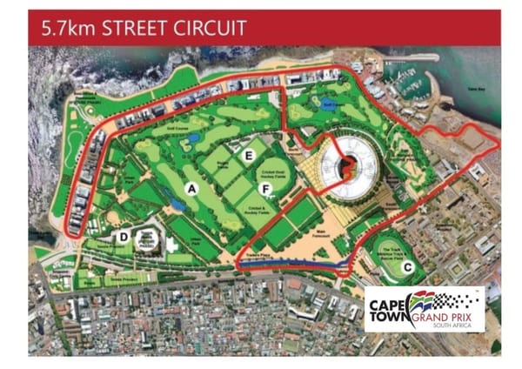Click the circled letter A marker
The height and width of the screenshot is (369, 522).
pyautogui.click(x=190, y=188)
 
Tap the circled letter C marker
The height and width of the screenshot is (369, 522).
pyautogui.click(x=407, y=268)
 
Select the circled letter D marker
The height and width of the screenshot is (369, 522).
pyautogui.click(x=124, y=237)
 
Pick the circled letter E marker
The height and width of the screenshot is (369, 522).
pyautogui.click(x=249, y=155)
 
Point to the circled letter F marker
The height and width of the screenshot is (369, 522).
pyautogui.click(x=264, y=189)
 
